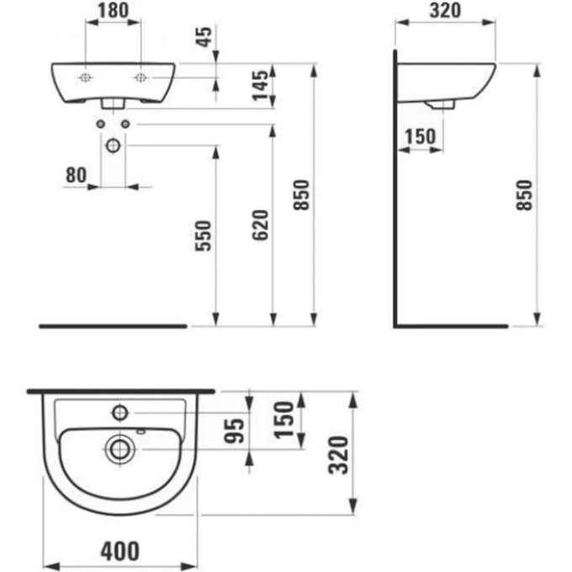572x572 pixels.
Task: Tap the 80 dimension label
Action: [x=76, y=175]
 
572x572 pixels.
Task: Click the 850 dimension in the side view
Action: [x=526, y=196]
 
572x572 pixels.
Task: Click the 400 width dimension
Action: [x=119, y=553]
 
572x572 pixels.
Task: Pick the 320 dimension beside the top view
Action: [x=336, y=455]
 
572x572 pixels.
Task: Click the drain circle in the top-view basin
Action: [x=120, y=448]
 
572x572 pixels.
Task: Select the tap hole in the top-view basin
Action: [x=119, y=412]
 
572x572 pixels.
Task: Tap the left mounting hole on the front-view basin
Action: [x=85, y=78]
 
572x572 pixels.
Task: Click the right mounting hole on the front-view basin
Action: [x=140, y=78]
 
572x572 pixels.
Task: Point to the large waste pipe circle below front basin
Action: [x=113, y=145]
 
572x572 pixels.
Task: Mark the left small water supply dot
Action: [x=100, y=124]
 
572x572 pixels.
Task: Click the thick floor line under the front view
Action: [x=113, y=325]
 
